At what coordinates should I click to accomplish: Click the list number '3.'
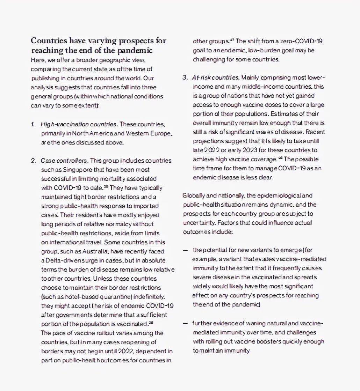[x=185, y=77]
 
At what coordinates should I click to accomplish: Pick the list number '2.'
[x=34, y=161]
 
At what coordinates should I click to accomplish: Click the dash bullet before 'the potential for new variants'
[x=185, y=250]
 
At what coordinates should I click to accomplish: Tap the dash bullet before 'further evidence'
[x=185, y=323]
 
